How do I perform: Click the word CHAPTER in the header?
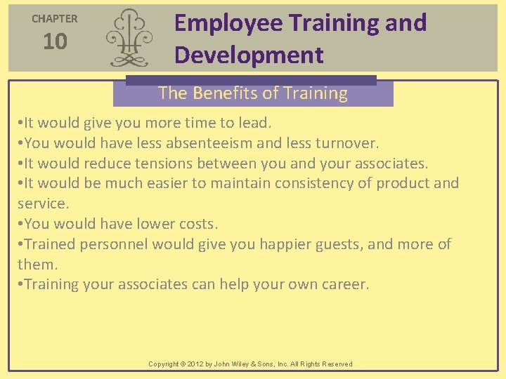coord(55,19)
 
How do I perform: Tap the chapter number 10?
coord(55,42)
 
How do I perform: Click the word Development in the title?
coord(249,55)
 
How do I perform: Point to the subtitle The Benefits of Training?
coord(253,93)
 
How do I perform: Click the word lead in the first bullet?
coord(255,123)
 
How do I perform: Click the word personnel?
coord(113,244)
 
